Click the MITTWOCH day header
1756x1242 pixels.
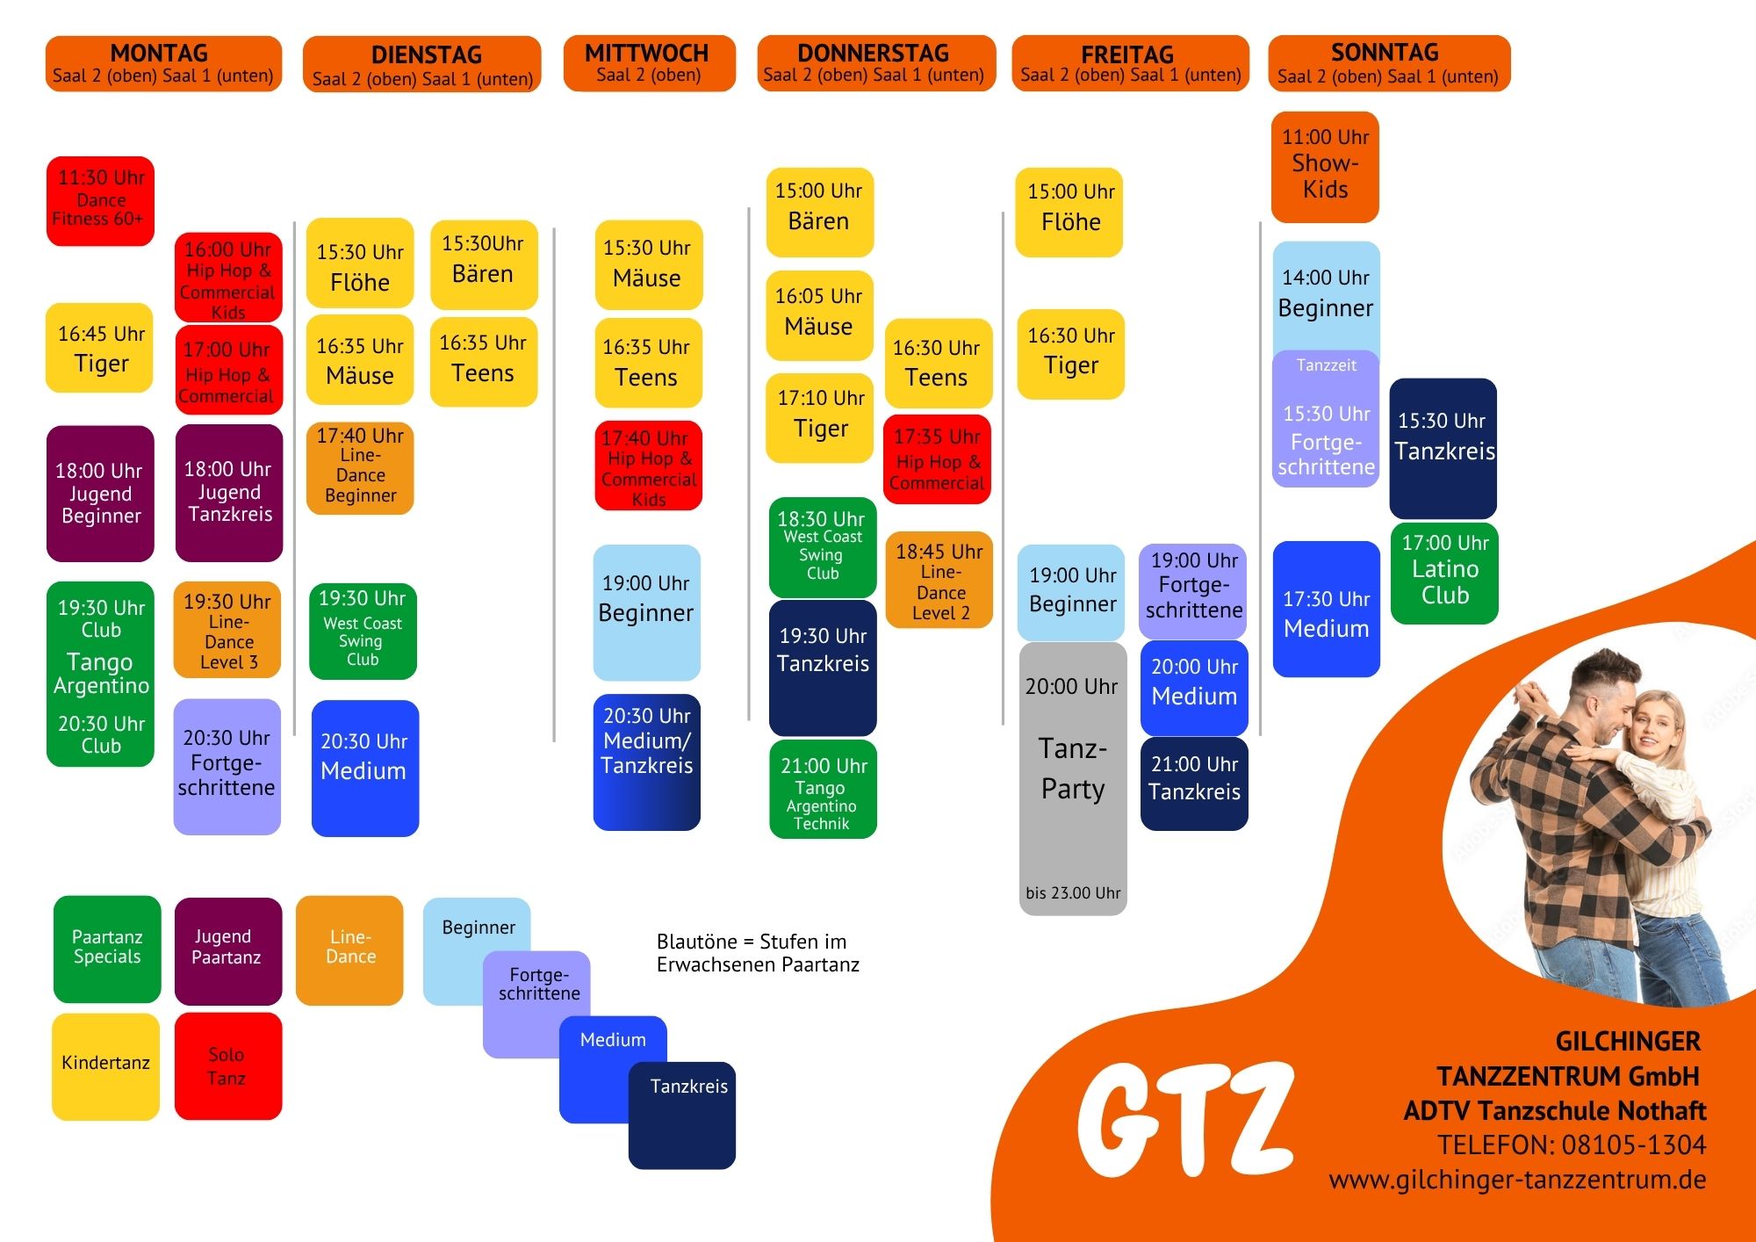coord(649,63)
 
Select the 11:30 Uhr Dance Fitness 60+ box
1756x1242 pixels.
coord(100,201)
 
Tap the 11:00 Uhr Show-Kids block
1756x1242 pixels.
coord(1325,167)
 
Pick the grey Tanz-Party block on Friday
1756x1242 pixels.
coord(1073,779)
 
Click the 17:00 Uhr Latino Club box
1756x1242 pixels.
coord(1444,574)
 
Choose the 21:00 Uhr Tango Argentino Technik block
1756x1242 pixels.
coord(823,789)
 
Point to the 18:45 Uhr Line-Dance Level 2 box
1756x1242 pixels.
coord(939,580)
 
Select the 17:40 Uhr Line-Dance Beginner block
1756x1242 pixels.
coord(360,468)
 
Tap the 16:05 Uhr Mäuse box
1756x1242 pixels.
coord(819,315)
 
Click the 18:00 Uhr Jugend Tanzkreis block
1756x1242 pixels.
coord(229,493)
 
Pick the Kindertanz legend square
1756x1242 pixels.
coord(105,1066)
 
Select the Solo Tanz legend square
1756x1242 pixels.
coord(228,1066)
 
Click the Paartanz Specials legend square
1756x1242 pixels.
coord(107,950)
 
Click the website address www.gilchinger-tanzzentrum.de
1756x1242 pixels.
coord(1517,1180)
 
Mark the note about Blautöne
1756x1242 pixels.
coord(758,953)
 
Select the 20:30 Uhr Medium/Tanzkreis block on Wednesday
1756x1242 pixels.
coord(647,762)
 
